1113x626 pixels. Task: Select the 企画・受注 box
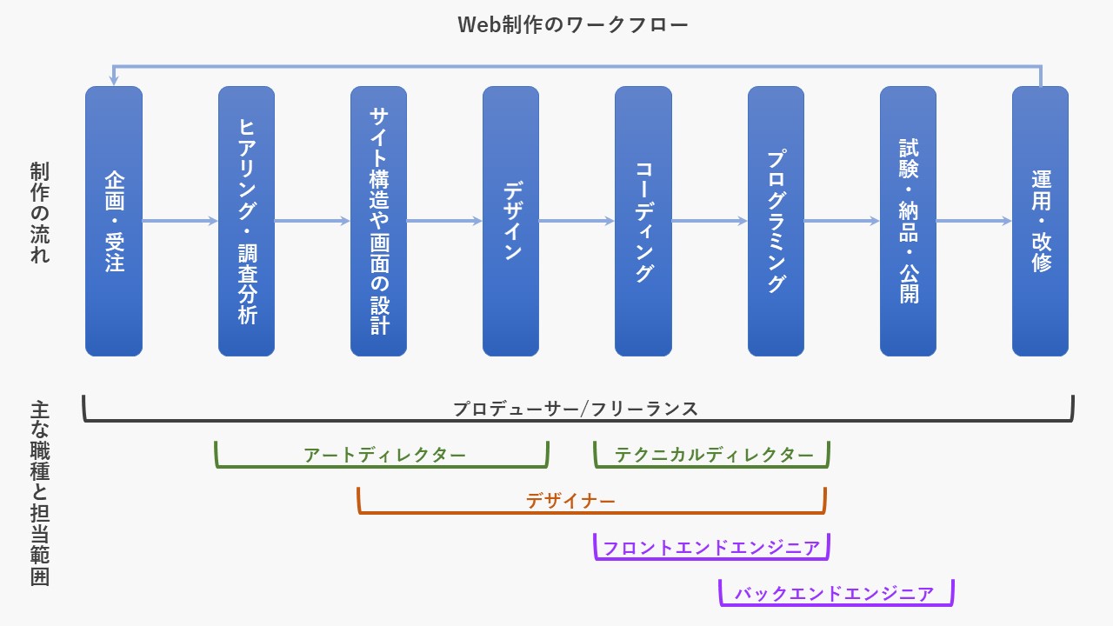(114, 221)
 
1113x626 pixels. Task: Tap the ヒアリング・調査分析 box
(246, 221)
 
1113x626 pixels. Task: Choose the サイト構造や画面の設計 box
(378, 221)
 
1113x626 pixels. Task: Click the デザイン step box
(510, 221)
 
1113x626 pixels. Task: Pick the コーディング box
(643, 221)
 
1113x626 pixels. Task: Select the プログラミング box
(776, 221)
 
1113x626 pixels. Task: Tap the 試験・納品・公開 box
(909, 221)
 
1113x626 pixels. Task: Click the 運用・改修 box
(1041, 221)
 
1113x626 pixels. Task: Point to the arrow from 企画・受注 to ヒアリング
(180, 221)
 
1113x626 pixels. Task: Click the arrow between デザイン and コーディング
(576, 221)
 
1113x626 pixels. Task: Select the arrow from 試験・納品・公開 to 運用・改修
(975, 221)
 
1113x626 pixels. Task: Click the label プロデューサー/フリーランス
(576, 410)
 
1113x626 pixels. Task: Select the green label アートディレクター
(384, 455)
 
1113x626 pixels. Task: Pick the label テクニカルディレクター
(714, 455)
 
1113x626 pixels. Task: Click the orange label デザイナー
(570, 501)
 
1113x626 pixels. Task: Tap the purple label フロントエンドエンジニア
(711, 548)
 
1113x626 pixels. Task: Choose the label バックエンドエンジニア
(834, 594)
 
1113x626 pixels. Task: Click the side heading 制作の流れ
(40, 212)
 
